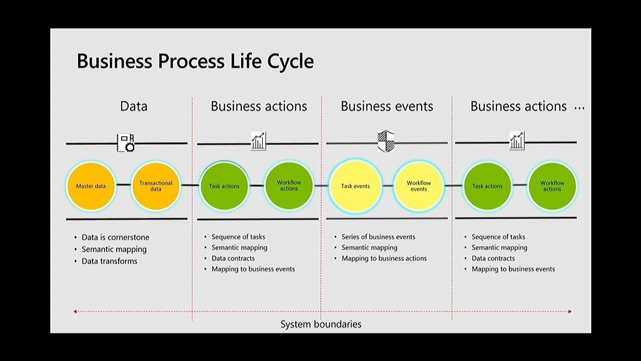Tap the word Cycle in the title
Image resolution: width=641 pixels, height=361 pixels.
290,61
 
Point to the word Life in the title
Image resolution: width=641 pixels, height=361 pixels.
245,61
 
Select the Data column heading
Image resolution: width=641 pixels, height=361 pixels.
134,106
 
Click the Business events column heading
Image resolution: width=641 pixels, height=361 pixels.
387,106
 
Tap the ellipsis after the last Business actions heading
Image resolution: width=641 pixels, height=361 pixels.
579,108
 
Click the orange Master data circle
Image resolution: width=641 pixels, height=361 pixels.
91,186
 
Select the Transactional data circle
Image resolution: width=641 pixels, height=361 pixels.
156,186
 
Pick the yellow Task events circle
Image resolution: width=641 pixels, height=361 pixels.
355,186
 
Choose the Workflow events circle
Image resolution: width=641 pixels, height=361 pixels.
419,186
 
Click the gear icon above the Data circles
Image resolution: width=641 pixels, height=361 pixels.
126,143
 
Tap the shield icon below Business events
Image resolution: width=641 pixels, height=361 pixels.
386,141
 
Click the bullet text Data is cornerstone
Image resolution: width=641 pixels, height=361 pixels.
115,237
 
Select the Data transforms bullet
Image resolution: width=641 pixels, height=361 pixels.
109,261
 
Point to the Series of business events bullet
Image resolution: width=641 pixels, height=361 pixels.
378,237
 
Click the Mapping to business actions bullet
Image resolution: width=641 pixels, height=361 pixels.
384,258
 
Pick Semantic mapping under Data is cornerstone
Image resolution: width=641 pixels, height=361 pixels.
114,249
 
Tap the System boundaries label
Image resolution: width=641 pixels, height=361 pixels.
320,324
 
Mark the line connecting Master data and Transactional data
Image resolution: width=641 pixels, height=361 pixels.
123,185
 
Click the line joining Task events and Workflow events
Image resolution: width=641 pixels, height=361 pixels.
387,186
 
